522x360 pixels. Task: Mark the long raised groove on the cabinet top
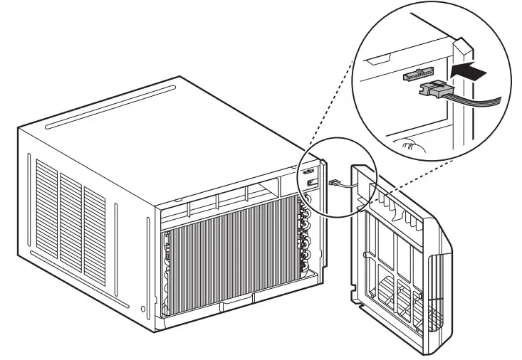click(111, 107)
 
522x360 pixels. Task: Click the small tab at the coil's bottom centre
click(233, 307)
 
